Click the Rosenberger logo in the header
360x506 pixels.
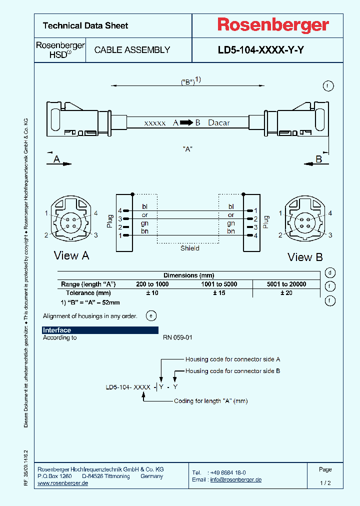pyautogui.click(x=272, y=25)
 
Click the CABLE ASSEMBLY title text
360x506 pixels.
pyautogui.click(x=132, y=50)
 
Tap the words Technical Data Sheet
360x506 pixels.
pyautogui.click(x=85, y=25)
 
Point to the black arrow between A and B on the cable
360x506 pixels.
pyautogui.click(x=186, y=122)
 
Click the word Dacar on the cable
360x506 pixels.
pyautogui.click(x=219, y=122)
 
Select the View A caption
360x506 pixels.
pyautogui.click(x=71, y=255)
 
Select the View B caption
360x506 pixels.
pyautogui.click(x=305, y=257)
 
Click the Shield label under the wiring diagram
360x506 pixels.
pyautogui.click(x=190, y=248)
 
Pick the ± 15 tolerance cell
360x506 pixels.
pyautogui.click(x=219, y=293)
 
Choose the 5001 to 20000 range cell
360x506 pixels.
pyautogui.click(x=286, y=284)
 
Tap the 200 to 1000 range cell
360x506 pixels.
pyautogui.click(x=152, y=284)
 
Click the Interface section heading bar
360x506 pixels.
pyautogui.click(x=100, y=330)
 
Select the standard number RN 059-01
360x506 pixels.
pyautogui.click(x=177, y=337)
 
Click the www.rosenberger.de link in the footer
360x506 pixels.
pyautogui.click(x=63, y=483)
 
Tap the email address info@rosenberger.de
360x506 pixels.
pyautogui.click(x=235, y=479)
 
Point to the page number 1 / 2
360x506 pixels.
pyautogui.click(x=325, y=483)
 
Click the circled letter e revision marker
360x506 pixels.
pyautogui.click(x=150, y=315)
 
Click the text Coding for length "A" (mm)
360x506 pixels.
pyautogui.click(x=210, y=401)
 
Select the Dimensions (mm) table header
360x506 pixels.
pyautogui.click(x=188, y=275)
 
